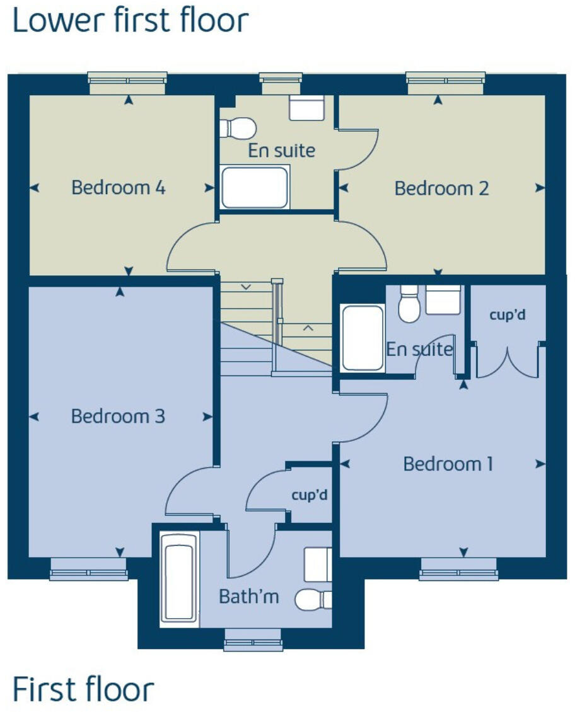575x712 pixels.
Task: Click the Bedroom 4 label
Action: (119, 188)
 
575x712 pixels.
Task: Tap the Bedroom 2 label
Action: (441, 188)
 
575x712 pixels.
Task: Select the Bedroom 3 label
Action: (118, 416)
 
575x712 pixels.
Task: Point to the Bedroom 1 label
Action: (448, 464)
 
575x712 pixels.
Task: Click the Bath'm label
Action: (248, 596)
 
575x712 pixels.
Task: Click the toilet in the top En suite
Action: (238, 127)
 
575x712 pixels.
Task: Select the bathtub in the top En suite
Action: (255, 187)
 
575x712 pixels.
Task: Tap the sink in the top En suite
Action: (306, 108)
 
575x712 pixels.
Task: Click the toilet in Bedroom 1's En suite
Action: (409, 304)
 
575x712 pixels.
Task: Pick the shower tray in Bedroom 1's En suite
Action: (362, 338)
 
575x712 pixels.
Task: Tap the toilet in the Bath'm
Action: (314, 599)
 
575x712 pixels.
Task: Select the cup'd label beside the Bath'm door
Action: (310, 495)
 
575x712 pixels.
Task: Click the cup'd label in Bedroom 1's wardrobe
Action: (507, 314)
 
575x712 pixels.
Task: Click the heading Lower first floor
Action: (131, 21)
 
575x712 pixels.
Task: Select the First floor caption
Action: (83, 689)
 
